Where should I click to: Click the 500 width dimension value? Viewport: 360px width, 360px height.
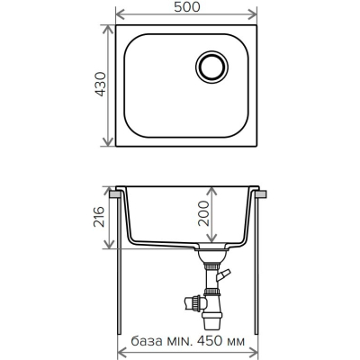pos(187,7)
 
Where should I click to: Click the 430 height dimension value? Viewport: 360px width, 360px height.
pos(101,84)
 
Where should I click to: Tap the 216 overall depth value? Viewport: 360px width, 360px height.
pos(99,217)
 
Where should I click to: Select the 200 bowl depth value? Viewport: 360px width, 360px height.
pos(203,213)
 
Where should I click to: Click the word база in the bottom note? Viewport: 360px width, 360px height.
pos(146,341)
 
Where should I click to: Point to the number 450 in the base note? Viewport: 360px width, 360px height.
pos(210,341)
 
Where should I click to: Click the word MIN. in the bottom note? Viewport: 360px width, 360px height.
pos(178,341)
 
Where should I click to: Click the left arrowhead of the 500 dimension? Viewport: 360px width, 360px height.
pos(120,13)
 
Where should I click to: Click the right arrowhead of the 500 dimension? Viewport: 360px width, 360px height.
pos(253,13)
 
